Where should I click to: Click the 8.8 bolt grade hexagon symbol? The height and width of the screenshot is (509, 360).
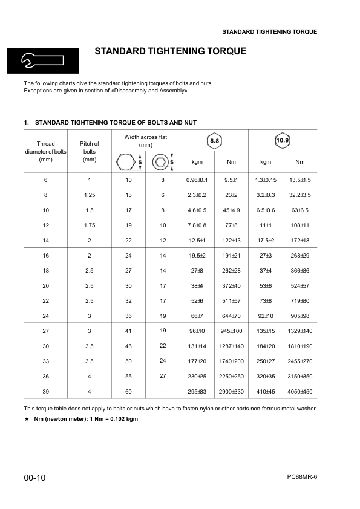click(x=214, y=141)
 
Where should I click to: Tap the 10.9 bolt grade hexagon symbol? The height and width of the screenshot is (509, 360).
click(x=283, y=141)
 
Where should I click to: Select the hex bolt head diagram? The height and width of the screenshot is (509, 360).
click(x=126, y=162)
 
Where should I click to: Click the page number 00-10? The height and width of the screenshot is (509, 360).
click(x=35, y=478)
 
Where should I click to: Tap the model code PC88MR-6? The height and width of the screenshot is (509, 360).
click(x=302, y=476)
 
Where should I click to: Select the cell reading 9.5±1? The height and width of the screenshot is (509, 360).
click(x=231, y=180)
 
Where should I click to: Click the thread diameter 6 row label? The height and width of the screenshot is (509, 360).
click(x=46, y=180)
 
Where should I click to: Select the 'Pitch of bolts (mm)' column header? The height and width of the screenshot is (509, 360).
click(x=90, y=152)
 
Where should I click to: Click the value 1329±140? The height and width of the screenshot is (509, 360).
click(x=299, y=331)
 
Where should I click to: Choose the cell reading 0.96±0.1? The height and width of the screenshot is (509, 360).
click(x=197, y=180)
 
